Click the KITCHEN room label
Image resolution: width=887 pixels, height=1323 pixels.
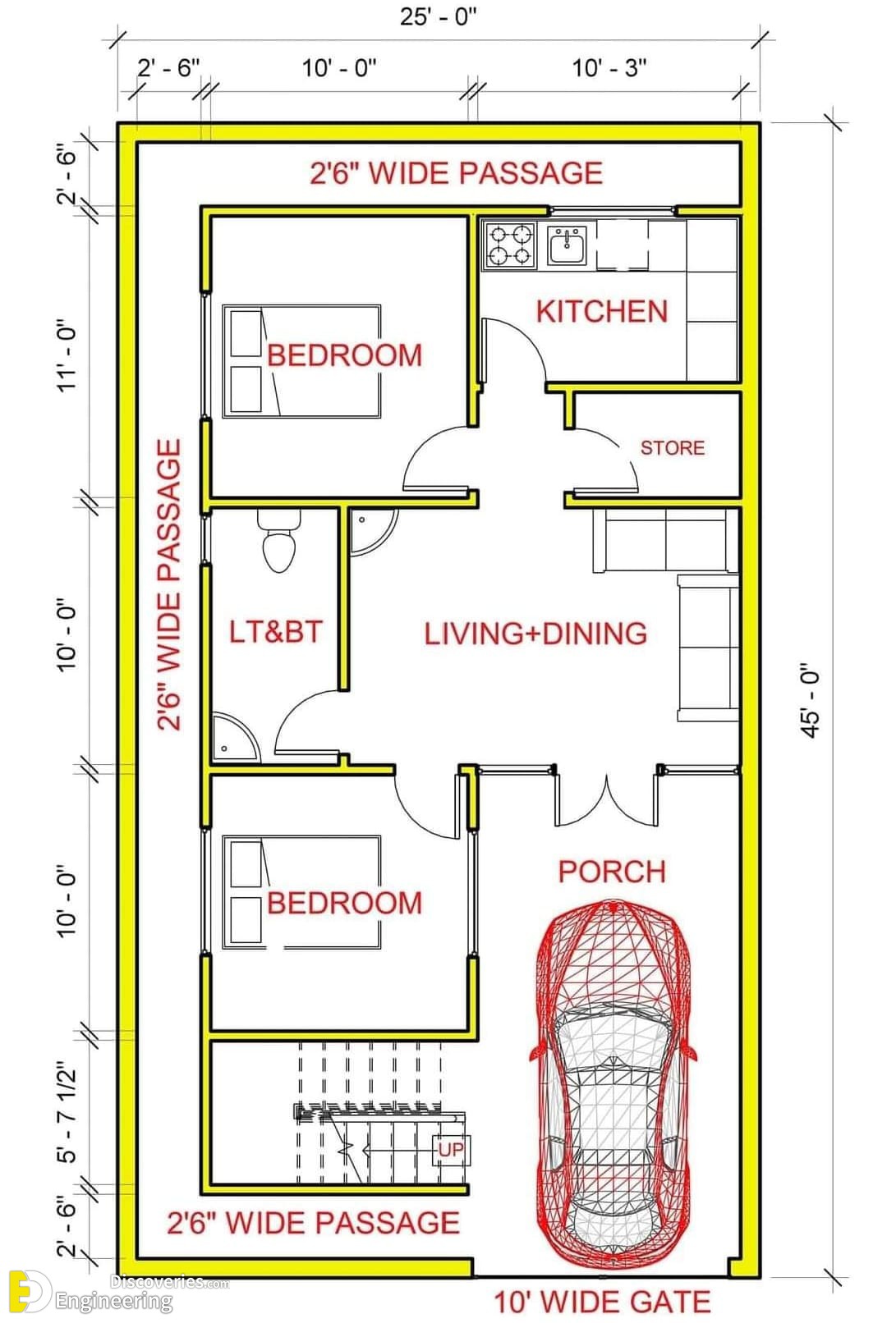pyautogui.click(x=601, y=311)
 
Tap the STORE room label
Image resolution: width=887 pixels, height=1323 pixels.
pyautogui.click(x=673, y=447)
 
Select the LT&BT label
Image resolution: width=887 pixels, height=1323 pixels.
pyautogui.click(x=275, y=631)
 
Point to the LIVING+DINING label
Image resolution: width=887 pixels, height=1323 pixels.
pyautogui.click(x=536, y=633)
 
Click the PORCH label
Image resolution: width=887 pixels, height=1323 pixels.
pyautogui.click(x=612, y=872)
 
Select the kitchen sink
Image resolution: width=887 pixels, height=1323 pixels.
pyautogui.click(x=566, y=245)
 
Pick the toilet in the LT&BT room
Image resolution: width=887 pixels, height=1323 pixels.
pyautogui.click(x=279, y=540)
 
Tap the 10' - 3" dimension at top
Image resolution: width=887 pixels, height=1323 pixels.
pyautogui.click(x=609, y=68)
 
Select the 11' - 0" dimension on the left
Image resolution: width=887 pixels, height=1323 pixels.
pyautogui.click(x=67, y=355)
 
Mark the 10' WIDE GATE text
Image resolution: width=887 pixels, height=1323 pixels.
pyautogui.click(x=602, y=1302)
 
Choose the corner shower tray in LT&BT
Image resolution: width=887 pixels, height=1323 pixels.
pyautogui.click(x=235, y=737)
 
